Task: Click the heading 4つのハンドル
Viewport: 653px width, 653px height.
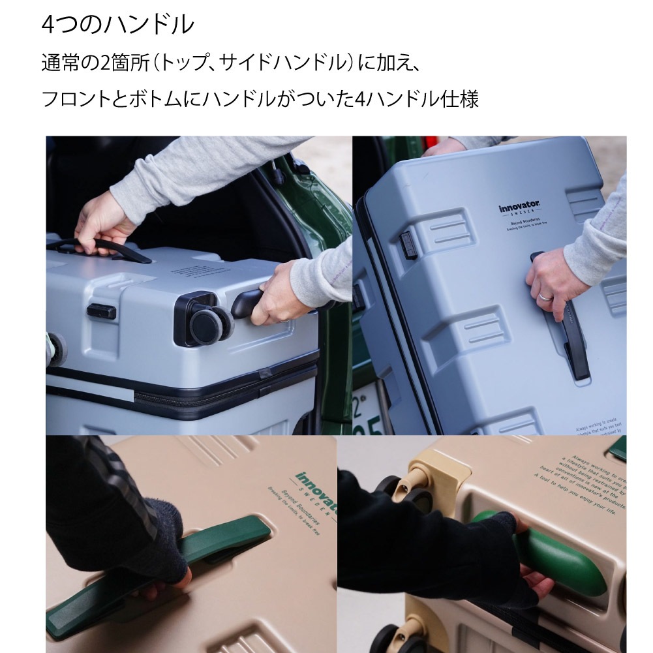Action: click(117, 25)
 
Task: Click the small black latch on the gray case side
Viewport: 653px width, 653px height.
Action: click(101, 311)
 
